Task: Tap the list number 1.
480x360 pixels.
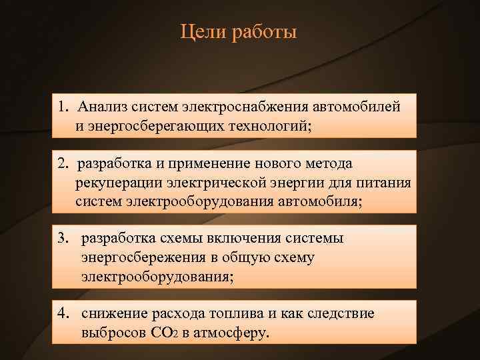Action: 62,107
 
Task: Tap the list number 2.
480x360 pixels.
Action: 61,164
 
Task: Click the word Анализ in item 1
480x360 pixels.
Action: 101,107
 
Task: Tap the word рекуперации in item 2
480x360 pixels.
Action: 116,183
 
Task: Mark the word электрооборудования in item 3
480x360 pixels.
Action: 157,275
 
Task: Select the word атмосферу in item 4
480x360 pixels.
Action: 234,333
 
